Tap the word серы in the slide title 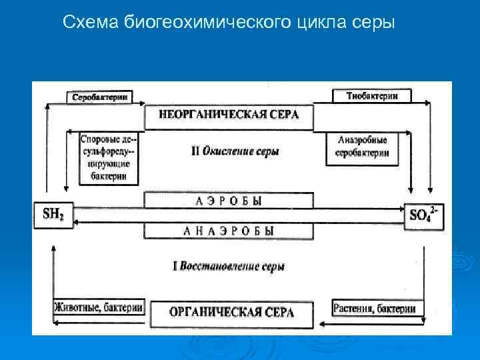[x=373, y=23]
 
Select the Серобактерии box [x=99, y=97]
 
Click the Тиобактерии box [x=372, y=96]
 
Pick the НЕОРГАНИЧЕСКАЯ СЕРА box [x=229, y=115]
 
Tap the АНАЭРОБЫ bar [x=229, y=231]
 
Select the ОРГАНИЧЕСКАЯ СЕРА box [x=231, y=312]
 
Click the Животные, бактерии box [x=98, y=308]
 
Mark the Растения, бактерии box [x=374, y=308]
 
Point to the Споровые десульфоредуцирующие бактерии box [x=109, y=159]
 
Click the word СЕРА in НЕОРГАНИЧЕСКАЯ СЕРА [x=279, y=115]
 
